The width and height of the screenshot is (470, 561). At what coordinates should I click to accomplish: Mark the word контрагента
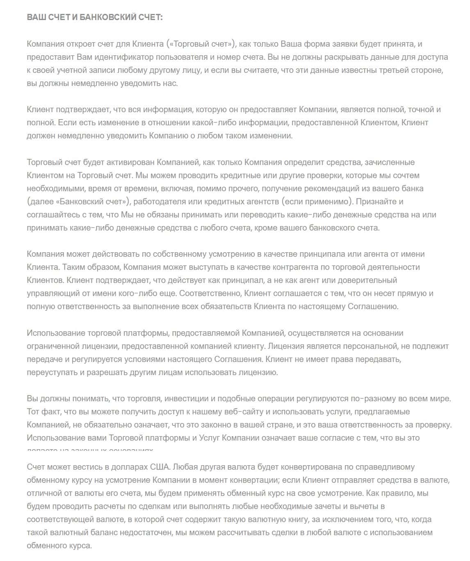point(285,267)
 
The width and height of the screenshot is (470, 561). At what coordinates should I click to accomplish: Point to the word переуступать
point(52,373)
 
